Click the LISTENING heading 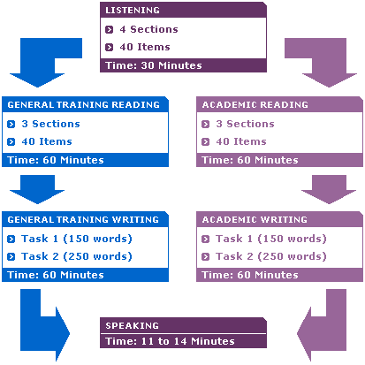(133, 10)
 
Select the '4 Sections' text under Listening (148, 29)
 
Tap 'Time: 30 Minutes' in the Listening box (154, 65)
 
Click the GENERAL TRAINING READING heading (83, 104)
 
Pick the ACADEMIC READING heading (255, 104)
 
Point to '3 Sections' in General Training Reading (50, 124)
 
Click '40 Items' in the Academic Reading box (241, 141)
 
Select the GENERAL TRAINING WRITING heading (83, 219)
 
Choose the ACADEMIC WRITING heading (255, 219)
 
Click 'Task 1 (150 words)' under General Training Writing (77, 239)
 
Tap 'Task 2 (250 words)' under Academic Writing (271, 256)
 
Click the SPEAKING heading (132, 325)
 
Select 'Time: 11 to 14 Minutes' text (170, 341)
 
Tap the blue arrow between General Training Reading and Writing (37, 188)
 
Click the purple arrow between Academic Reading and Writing (329, 188)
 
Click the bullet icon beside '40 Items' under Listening (109, 47)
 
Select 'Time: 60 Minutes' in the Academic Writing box (250, 275)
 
